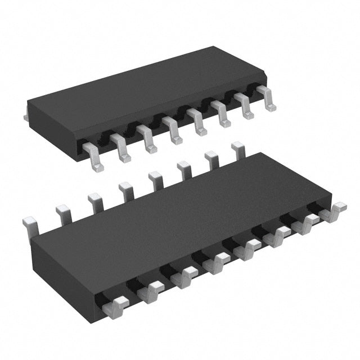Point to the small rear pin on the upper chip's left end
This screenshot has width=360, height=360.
26,116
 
